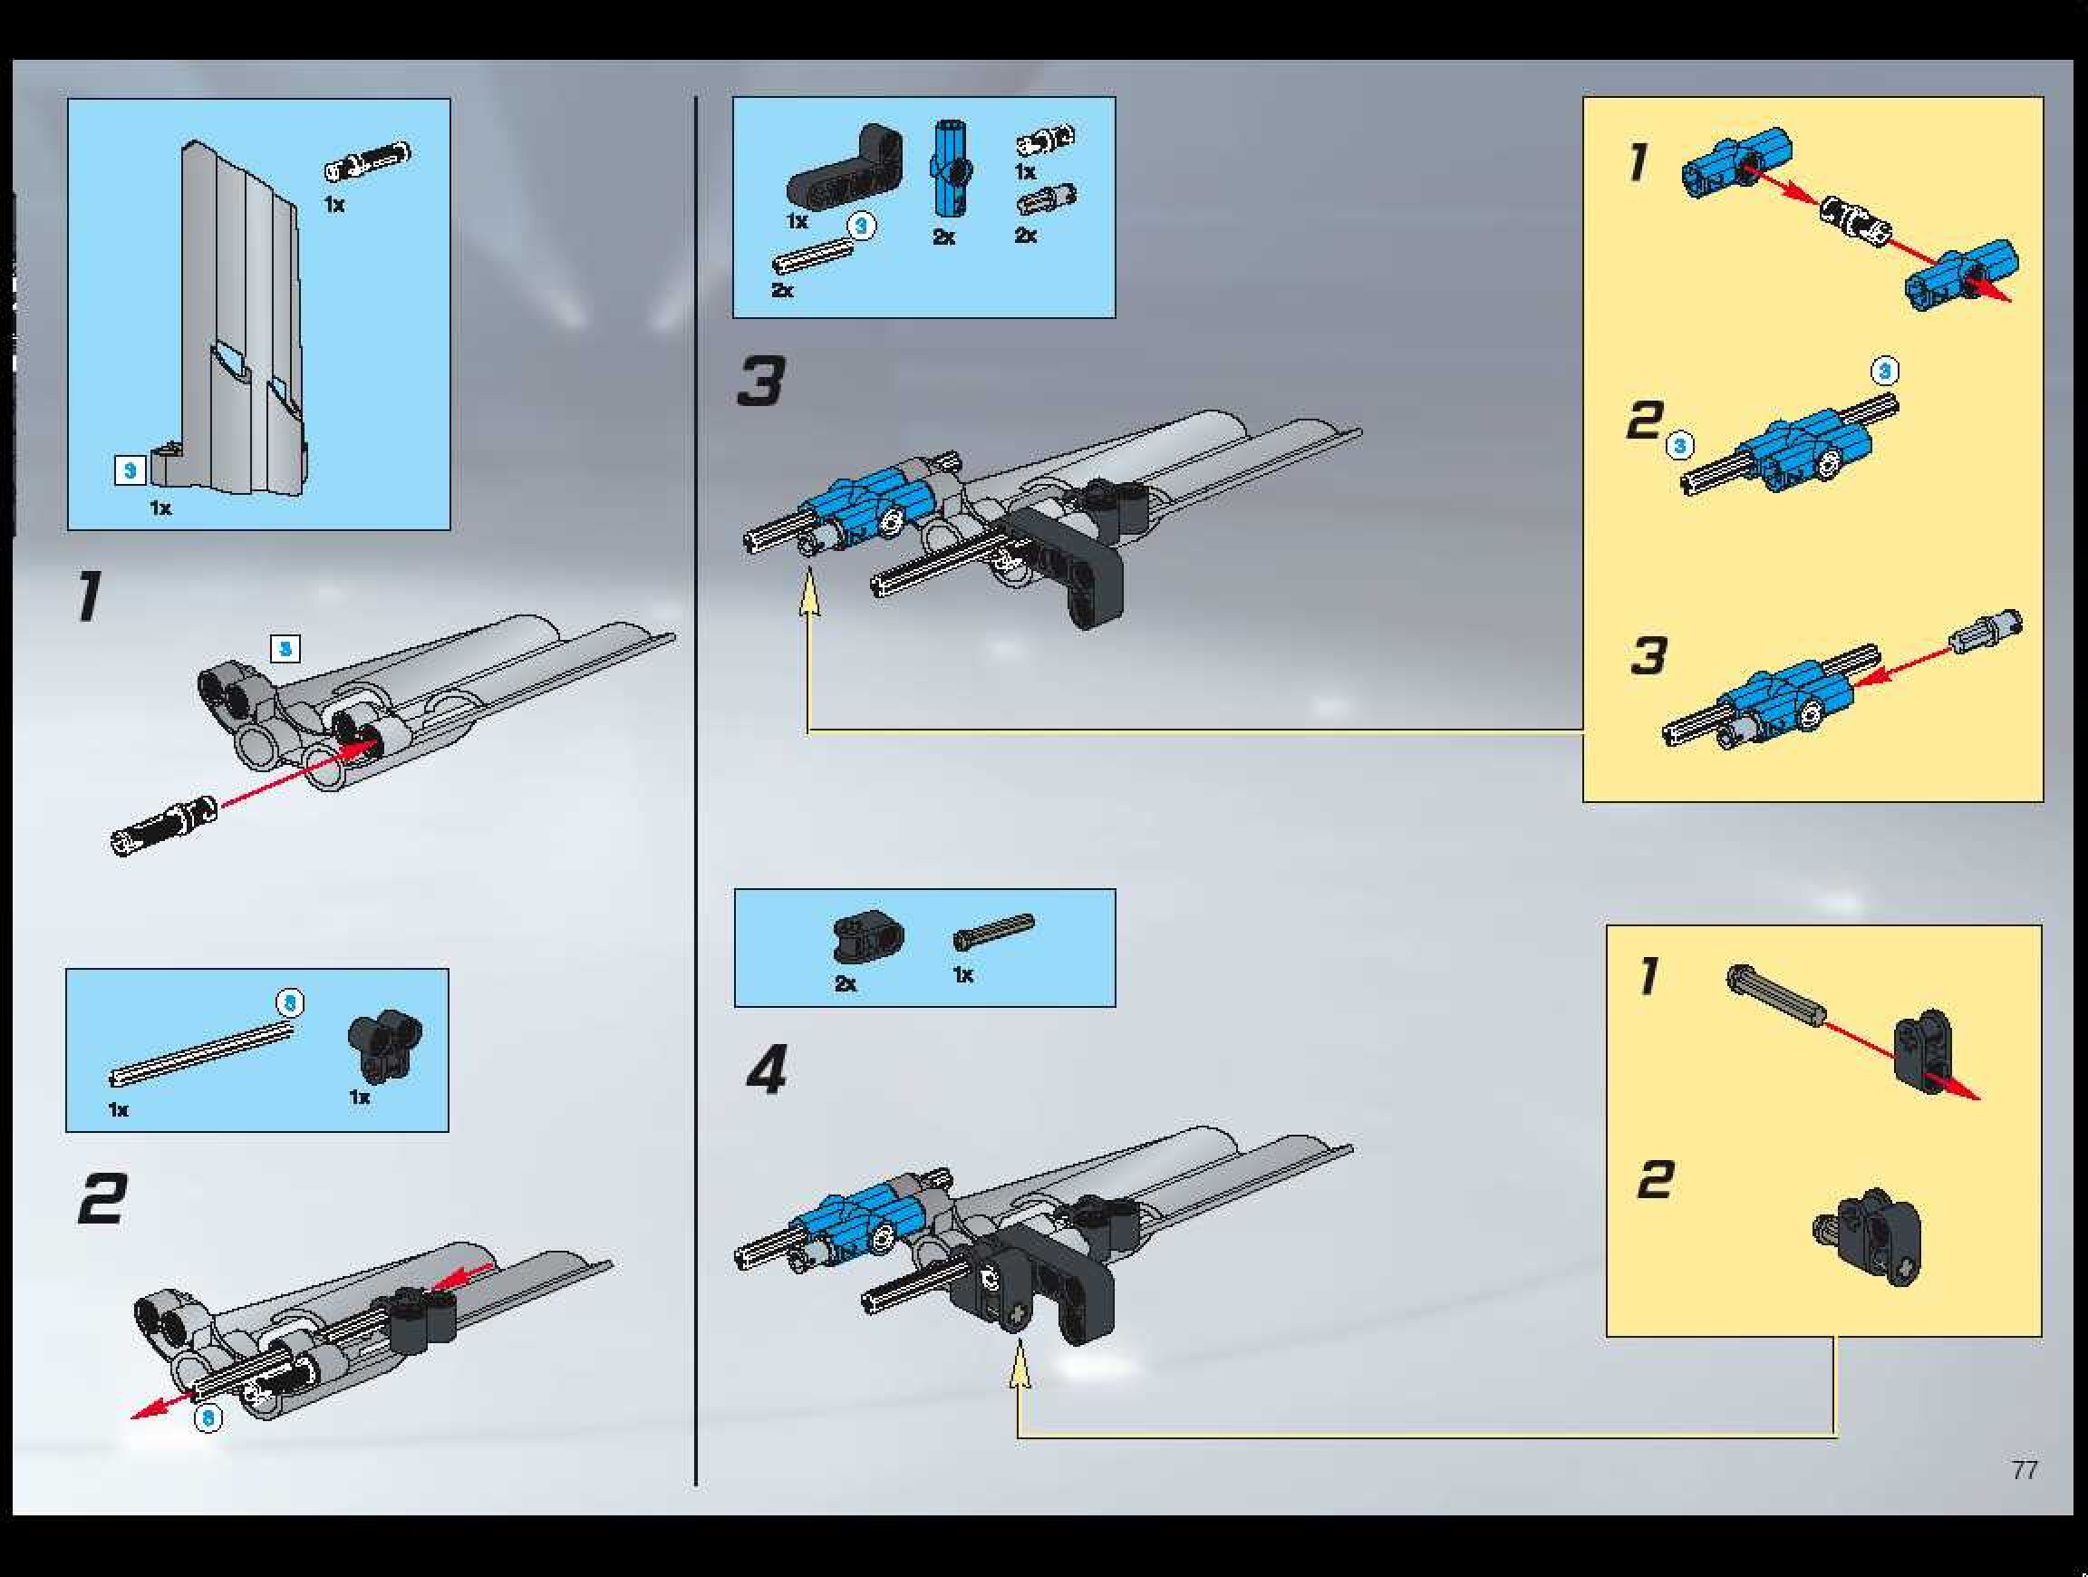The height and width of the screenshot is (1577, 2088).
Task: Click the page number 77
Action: click(x=2024, y=1469)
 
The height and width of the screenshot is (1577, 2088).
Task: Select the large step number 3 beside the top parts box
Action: click(x=761, y=382)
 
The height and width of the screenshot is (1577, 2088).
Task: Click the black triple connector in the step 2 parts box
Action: click(x=385, y=1045)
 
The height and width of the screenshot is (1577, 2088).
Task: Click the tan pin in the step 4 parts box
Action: click(x=993, y=931)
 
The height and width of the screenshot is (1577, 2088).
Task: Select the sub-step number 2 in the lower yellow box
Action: click(x=1655, y=1181)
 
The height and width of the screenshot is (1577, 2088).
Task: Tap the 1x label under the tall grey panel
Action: click(x=160, y=508)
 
